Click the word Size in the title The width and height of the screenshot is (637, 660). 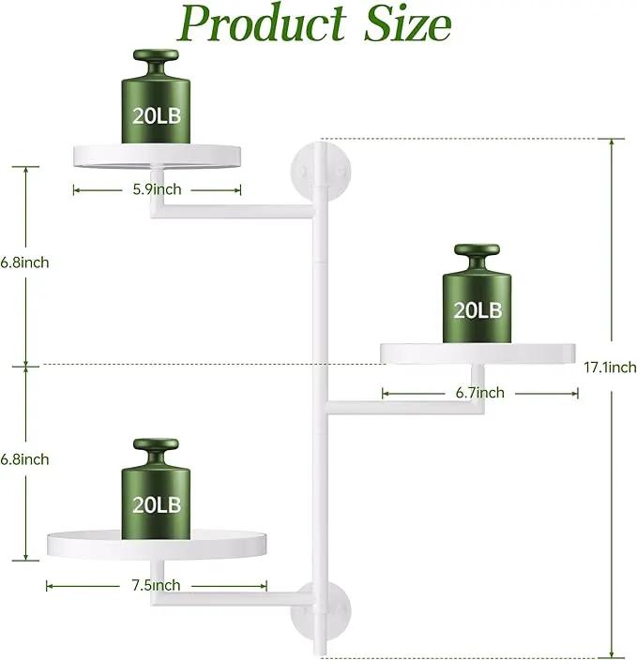coord(408,23)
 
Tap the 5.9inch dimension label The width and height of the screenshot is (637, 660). coord(157,189)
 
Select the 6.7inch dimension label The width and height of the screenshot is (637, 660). coord(479,393)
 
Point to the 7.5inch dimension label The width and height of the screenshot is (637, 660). coord(156,585)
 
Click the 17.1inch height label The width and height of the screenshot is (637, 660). coord(610,367)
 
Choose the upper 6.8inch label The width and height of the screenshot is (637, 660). coord(24,262)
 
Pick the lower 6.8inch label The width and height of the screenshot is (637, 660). coord(24,459)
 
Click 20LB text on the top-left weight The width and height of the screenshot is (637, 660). coord(157,115)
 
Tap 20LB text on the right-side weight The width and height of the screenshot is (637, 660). coord(478,310)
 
